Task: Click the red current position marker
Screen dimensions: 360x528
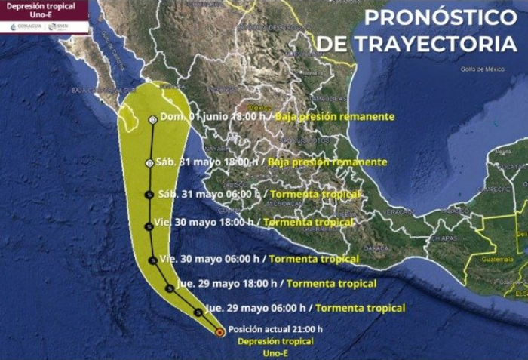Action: coord(219,331)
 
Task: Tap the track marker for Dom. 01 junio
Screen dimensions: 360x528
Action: coord(153,119)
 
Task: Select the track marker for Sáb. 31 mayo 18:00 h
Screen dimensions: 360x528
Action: coord(149,163)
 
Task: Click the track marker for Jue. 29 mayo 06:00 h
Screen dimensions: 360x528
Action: coord(198,311)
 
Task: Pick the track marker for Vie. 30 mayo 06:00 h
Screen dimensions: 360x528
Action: coord(152,260)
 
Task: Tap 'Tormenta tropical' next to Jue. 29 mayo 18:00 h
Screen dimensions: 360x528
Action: coord(331,284)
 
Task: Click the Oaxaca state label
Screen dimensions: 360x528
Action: coord(374,248)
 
